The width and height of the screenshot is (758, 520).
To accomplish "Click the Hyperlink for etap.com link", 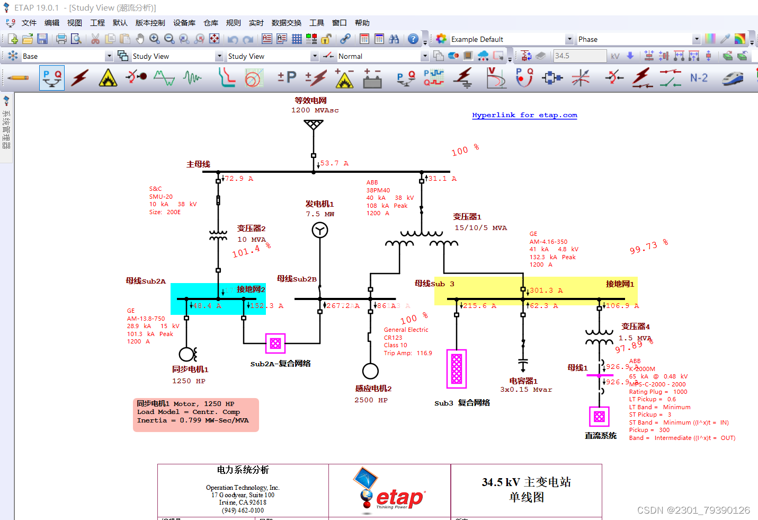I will coord(524,115).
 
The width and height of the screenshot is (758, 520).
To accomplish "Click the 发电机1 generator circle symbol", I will coord(319,230).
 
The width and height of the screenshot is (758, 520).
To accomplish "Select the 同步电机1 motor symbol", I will coord(187,354).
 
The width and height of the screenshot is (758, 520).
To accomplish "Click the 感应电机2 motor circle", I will coord(370,371).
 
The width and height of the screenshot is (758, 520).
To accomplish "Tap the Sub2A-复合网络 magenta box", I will coord(275,343).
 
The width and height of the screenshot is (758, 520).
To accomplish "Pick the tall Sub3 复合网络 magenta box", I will coord(457,368).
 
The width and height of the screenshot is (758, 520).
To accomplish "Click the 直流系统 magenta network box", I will coord(599,417).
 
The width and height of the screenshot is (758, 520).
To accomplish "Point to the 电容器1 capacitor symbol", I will coord(523,365).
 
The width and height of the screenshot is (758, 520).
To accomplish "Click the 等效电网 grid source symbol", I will coord(314,125).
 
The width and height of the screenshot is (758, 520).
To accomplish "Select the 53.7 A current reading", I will coord(334,163).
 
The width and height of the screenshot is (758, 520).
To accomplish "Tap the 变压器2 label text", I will coord(251,228).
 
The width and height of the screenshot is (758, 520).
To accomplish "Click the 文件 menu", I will coord(29,23).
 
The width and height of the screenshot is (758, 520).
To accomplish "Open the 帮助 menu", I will coord(362,23).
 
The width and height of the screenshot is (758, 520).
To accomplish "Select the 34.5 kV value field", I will coord(579,56).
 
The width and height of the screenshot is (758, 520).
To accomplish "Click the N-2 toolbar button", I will coord(699,78).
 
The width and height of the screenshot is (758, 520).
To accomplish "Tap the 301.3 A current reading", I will coord(546,290).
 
